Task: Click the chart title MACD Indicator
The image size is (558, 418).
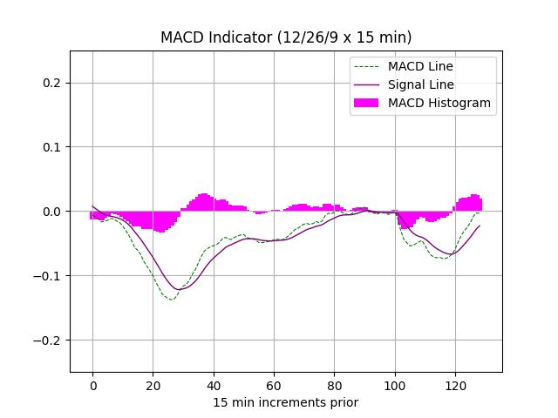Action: click(x=286, y=37)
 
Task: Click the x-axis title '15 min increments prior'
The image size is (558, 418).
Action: click(x=286, y=402)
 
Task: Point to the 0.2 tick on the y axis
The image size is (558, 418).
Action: click(x=53, y=83)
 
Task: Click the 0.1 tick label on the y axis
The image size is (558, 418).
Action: click(x=53, y=147)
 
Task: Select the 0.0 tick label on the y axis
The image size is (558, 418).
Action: click(x=53, y=212)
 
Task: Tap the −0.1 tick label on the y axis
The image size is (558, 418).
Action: click(x=50, y=276)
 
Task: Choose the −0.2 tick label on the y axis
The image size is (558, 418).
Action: click(x=50, y=340)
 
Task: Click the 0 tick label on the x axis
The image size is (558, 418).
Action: click(x=92, y=384)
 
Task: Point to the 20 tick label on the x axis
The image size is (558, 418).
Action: click(x=153, y=384)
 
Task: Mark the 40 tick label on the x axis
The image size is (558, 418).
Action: click(x=213, y=384)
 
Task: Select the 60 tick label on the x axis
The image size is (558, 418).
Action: click(x=274, y=384)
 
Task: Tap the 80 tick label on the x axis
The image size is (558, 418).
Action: click(x=334, y=384)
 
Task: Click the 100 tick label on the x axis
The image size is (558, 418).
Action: click(x=394, y=384)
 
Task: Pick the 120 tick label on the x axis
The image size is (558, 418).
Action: click(x=454, y=384)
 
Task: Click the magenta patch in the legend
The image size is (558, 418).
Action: click(x=366, y=103)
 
